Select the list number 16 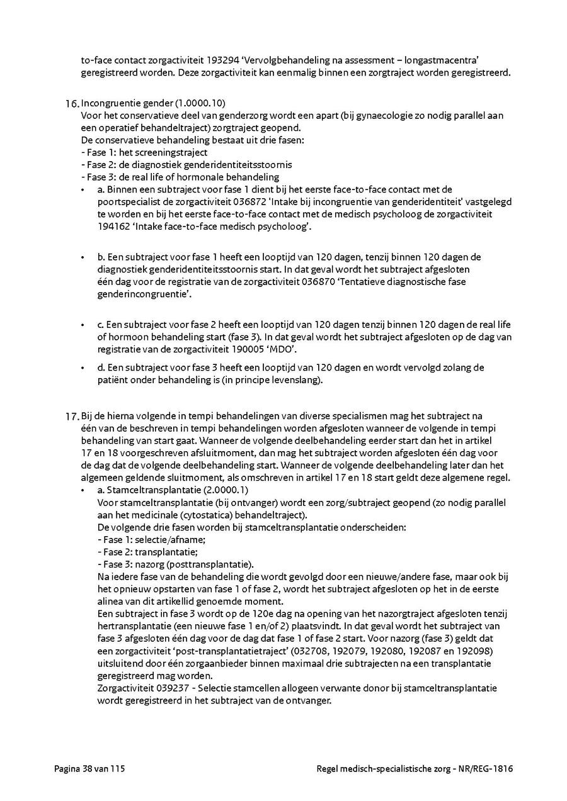pyautogui.click(x=72, y=104)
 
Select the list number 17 pyautogui.click(x=72, y=416)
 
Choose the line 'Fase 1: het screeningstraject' pyautogui.click(x=144, y=152)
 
